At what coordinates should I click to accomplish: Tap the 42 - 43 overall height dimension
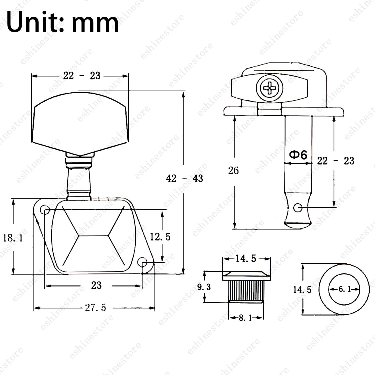click(x=184, y=179)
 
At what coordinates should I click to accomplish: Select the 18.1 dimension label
click(x=13, y=238)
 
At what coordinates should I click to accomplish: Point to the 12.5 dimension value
click(x=160, y=236)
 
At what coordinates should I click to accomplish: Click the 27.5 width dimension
click(x=95, y=308)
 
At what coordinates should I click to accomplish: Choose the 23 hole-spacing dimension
click(x=96, y=285)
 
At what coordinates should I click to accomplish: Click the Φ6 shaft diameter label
click(x=298, y=155)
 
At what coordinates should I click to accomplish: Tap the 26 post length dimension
click(x=233, y=170)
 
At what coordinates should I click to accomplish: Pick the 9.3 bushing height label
click(x=204, y=287)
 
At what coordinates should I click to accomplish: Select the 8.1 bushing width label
click(x=246, y=318)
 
